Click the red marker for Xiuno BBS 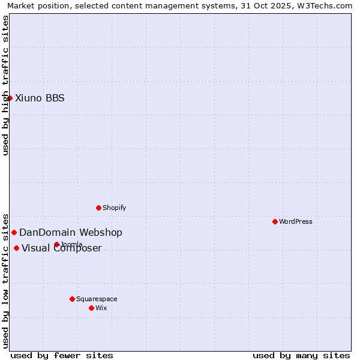[10, 98]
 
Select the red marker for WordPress [275, 221]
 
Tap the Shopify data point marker [98, 208]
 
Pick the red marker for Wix [91, 308]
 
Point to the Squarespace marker [72, 299]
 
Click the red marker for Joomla [56, 244]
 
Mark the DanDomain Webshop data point [14, 232]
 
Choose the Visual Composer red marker [16, 248]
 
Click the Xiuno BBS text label [40, 98]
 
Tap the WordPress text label [296, 221]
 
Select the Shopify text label [114, 208]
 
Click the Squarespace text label [97, 299]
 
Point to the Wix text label [101, 308]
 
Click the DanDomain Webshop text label [71, 233]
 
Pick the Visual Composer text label [62, 248]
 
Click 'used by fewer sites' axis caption [62, 355]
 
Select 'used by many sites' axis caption [301, 355]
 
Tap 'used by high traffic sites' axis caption [5, 85]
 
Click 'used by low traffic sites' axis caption [5, 280]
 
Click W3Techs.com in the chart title [328, 5]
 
